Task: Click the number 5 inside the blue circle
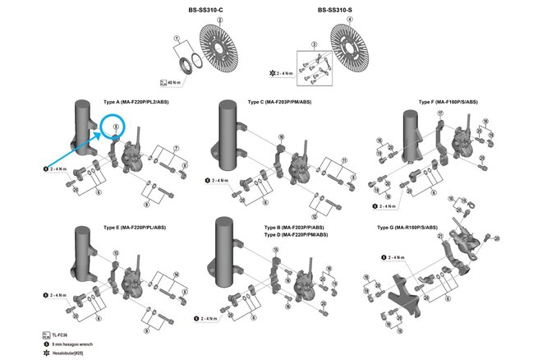click(x=117, y=127)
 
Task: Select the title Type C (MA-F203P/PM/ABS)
click(x=278, y=102)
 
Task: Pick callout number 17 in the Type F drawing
click(x=440, y=113)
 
